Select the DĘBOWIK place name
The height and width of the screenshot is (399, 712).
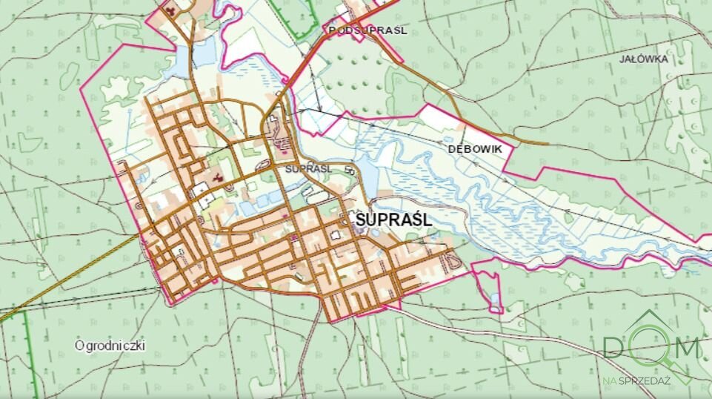(475, 149)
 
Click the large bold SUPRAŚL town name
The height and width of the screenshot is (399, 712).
(393, 220)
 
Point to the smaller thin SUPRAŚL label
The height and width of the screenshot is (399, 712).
(307, 168)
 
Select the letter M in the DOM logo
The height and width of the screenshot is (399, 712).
(686, 348)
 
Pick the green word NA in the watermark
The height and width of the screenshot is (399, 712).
(609, 379)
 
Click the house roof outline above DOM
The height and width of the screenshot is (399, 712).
(649, 320)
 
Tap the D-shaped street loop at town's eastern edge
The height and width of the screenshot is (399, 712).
(449, 260)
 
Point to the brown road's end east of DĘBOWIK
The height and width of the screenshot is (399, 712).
(547, 142)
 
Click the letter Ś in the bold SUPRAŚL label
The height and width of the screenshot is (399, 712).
(418, 220)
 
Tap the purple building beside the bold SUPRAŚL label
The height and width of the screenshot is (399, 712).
(361, 230)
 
